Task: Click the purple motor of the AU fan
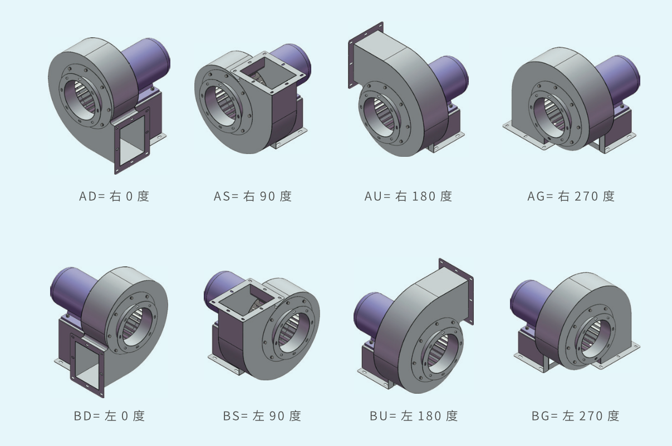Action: point(449,78)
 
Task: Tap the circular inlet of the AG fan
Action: point(551,106)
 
